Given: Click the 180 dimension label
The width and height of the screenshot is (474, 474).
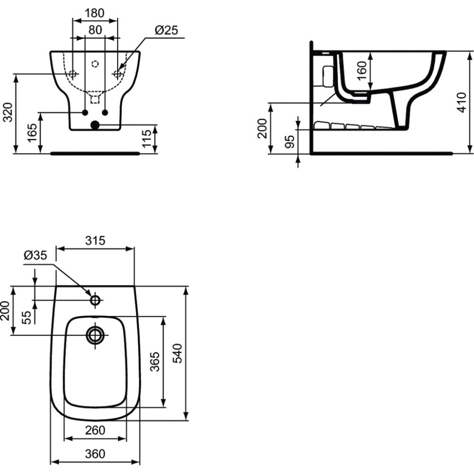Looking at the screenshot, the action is click(x=94, y=13).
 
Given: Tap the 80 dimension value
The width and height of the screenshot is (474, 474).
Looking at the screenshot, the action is click(x=95, y=30).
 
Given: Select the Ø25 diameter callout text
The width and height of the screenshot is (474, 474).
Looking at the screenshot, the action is click(x=166, y=30).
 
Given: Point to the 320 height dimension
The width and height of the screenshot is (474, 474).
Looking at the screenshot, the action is click(x=8, y=112).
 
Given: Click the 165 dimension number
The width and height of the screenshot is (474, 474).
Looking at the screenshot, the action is click(x=32, y=133).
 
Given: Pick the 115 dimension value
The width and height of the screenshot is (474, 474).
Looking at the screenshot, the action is click(x=146, y=138).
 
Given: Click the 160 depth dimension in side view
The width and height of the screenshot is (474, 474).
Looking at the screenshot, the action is click(x=362, y=71).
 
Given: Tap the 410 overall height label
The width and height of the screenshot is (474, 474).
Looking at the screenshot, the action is click(x=462, y=102).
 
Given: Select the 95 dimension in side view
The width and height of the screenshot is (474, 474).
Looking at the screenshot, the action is click(x=290, y=142).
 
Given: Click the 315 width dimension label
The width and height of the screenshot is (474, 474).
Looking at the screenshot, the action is click(x=95, y=241).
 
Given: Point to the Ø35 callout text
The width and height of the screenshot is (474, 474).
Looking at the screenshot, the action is click(x=36, y=255).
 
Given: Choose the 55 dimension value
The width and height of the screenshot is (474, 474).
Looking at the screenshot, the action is click(x=27, y=318).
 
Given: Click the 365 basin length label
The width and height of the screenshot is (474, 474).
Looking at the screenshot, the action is click(x=155, y=362).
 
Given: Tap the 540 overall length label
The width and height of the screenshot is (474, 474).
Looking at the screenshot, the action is click(x=177, y=354).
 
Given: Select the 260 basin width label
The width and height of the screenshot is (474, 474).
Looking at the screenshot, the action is click(x=95, y=430).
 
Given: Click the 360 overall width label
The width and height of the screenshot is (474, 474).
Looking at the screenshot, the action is click(x=95, y=454).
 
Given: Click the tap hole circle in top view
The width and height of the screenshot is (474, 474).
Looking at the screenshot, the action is click(x=96, y=296).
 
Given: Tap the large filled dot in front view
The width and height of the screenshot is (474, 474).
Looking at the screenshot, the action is click(x=95, y=125).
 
